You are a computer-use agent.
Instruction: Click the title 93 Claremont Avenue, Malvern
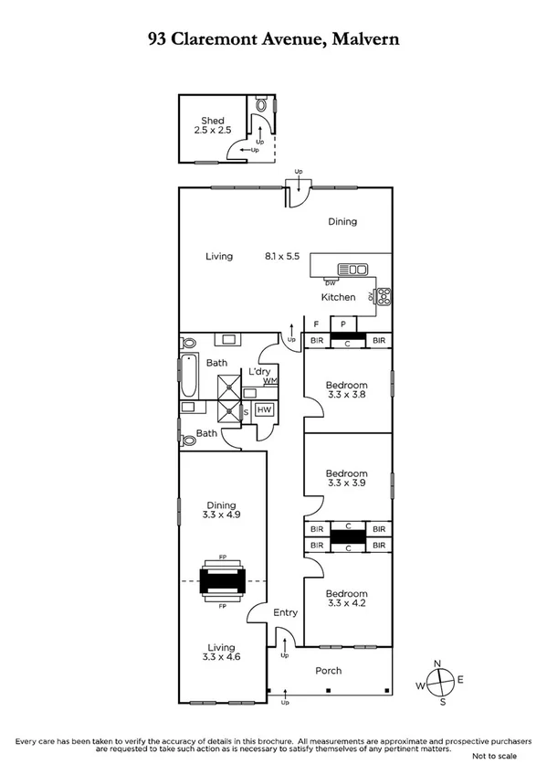[273, 39]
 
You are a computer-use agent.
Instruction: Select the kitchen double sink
[352, 269]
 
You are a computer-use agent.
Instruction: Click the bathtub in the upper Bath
[188, 376]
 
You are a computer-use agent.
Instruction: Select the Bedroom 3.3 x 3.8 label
[347, 391]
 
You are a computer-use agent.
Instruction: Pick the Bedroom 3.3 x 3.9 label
[347, 480]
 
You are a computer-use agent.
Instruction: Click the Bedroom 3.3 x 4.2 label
[347, 600]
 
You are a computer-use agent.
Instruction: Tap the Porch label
[329, 671]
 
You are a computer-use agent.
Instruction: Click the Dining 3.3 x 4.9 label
[222, 511]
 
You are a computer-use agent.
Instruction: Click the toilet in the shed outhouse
[263, 106]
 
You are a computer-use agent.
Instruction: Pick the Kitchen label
[338, 298]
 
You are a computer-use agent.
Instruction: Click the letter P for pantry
[343, 324]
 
